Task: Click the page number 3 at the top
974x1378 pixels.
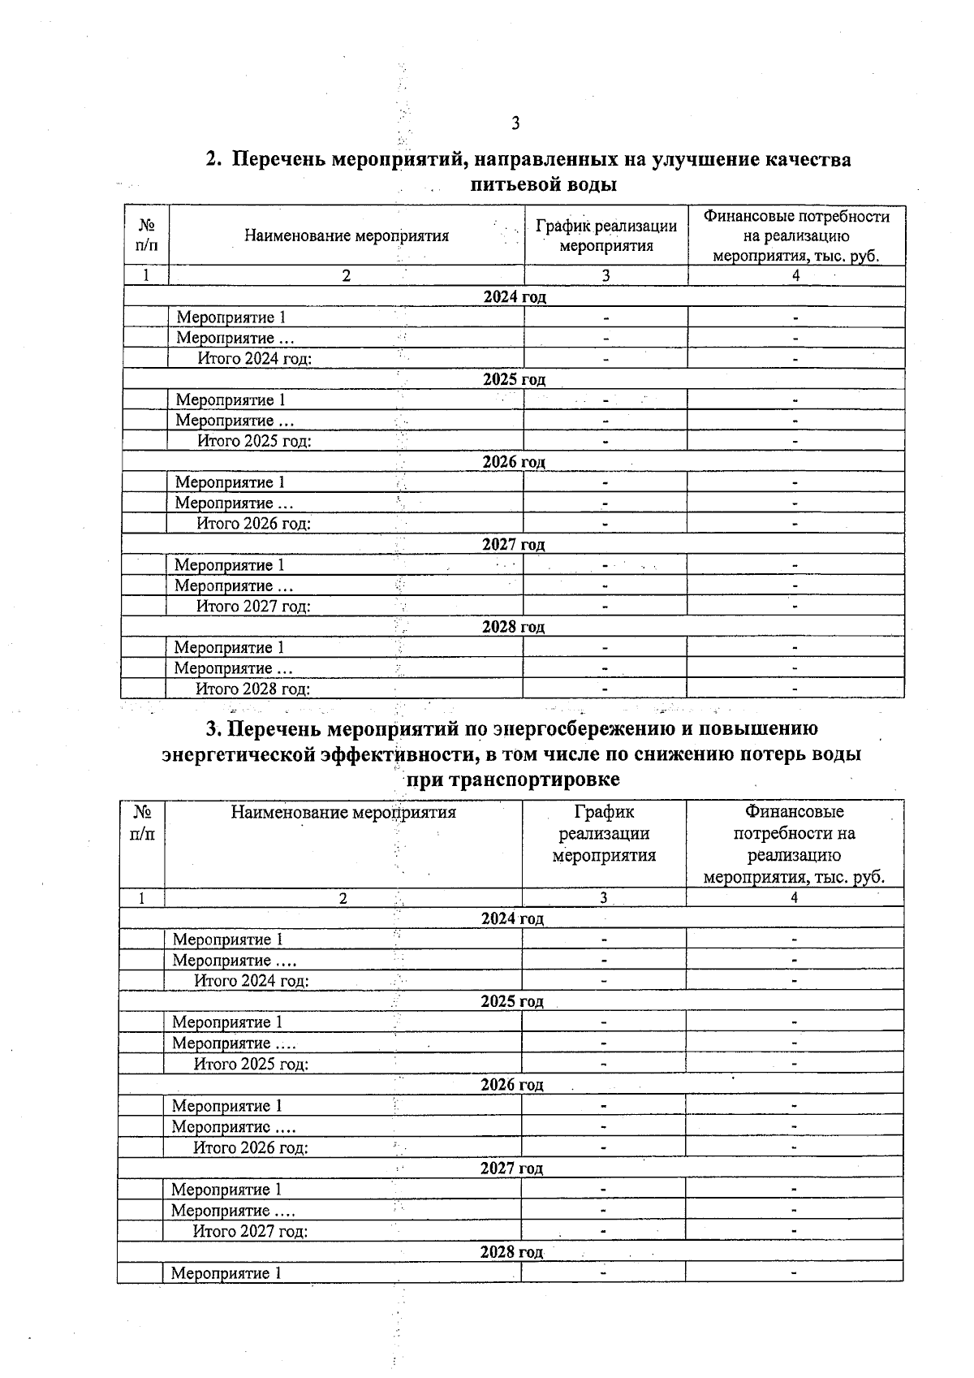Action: point(515,123)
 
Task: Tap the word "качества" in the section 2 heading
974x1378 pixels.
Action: point(808,159)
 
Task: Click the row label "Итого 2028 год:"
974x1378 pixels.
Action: point(253,689)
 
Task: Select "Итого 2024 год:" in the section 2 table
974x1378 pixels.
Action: point(255,359)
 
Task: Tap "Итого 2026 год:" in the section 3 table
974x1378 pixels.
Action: point(251,1147)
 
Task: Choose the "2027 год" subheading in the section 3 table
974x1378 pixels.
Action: point(511,1168)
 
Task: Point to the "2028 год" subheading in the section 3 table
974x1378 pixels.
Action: point(511,1251)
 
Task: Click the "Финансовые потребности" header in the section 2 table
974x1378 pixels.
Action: point(796,217)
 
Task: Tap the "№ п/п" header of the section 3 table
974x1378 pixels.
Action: point(142,823)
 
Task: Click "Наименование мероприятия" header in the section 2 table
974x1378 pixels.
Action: point(347,236)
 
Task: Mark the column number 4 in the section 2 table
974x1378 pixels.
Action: point(795,276)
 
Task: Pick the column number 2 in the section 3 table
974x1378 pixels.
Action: point(343,898)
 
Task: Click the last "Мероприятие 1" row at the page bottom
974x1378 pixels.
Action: point(226,1272)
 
